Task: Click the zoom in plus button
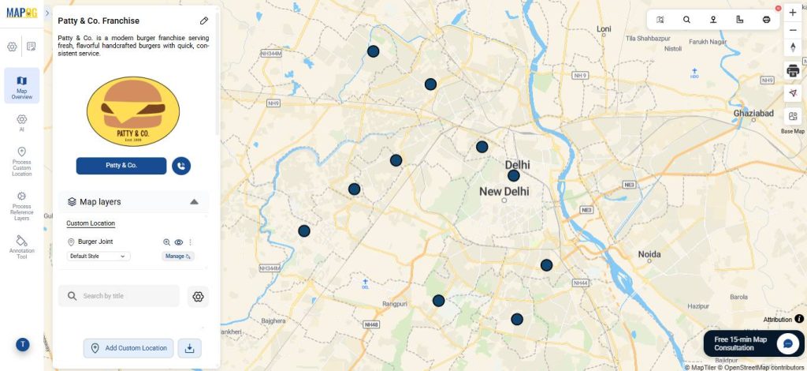tap(793, 13)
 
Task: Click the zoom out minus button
tap(793, 30)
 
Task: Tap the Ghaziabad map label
tap(753, 114)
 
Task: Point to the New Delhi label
tap(504, 192)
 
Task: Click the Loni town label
tap(604, 29)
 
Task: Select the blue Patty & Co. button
tap(121, 166)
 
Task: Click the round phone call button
tap(181, 166)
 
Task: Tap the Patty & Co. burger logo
tap(132, 112)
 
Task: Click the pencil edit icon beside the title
tap(204, 21)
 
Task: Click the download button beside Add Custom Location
tap(189, 348)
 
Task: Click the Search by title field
tap(119, 296)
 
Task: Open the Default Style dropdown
tap(99, 257)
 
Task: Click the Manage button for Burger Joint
tap(177, 257)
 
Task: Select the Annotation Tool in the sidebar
tap(21, 245)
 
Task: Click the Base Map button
tap(793, 121)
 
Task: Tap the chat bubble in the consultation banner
tap(787, 343)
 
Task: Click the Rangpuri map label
tap(395, 303)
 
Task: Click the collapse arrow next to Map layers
tap(194, 202)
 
